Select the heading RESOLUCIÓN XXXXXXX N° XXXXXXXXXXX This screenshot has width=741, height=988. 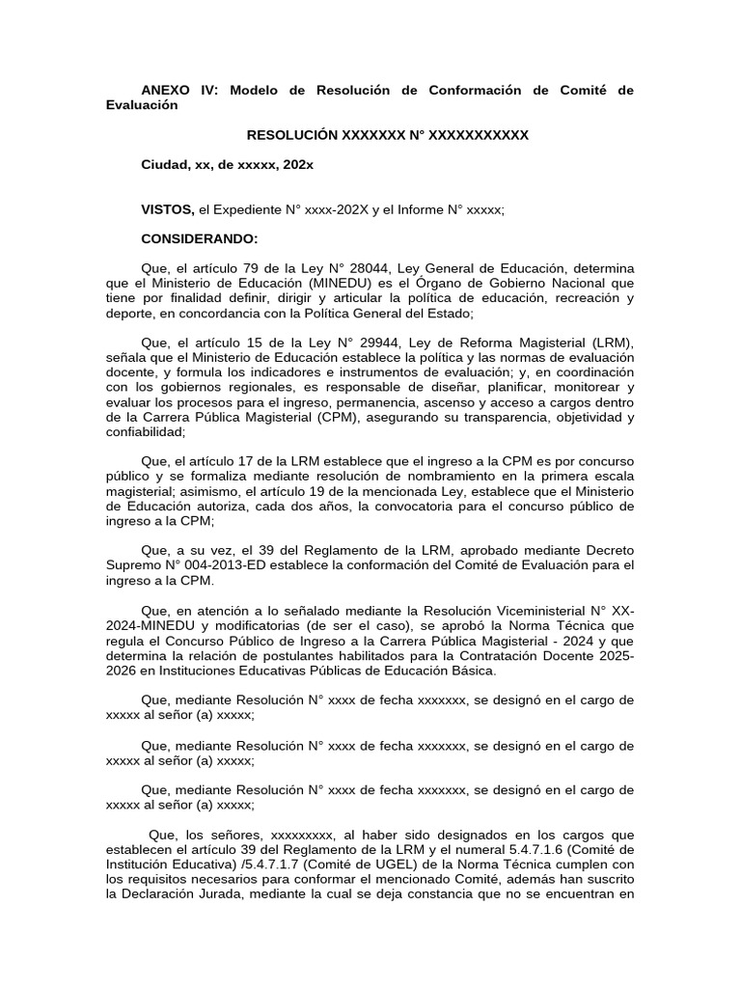tap(388, 135)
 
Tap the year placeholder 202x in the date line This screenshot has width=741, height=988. tap(297, 165)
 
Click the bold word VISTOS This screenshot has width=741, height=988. tap(168, 208)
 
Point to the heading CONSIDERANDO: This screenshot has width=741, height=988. tap(200, 238)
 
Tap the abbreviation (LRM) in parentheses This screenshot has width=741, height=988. tap(606, 343)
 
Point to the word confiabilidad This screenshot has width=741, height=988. tap(148, 433)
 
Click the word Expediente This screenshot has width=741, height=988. tap(255, 208)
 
